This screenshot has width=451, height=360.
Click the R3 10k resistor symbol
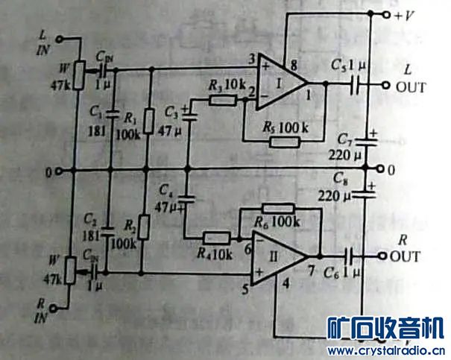point(224,100)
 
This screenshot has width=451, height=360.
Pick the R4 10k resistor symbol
point(218,238)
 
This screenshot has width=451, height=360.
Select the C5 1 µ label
point(347,65)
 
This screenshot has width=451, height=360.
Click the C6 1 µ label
point(347,274)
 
